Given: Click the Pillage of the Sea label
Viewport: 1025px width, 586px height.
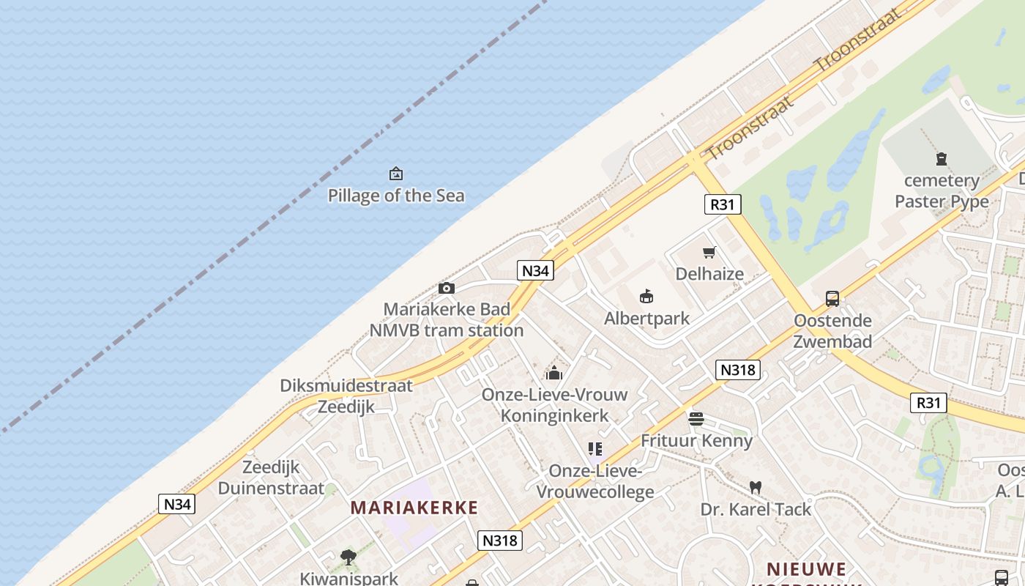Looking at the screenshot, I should (395, 196).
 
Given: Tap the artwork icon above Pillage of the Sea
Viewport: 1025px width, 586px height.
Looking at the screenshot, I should (396, 174).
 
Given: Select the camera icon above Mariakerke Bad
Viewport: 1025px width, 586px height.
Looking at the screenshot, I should (447, 289).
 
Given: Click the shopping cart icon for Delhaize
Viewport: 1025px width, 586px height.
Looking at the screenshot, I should (709, 253).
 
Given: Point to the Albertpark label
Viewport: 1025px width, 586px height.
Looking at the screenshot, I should (646, 319).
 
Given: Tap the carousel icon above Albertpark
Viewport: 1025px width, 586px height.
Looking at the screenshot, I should (646, 297).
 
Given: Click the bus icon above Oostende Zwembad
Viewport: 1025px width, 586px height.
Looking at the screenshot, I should (832, 299).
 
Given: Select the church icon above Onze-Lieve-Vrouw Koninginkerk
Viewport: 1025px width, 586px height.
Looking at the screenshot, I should (554, 373).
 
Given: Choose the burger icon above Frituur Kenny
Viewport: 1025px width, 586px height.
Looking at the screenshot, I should (696, 419).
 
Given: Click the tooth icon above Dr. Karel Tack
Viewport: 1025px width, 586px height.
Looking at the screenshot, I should (756, 487).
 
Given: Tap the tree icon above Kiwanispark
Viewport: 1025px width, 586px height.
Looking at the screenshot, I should (348, 557).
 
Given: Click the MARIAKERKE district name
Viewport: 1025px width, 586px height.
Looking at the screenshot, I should (414, 508).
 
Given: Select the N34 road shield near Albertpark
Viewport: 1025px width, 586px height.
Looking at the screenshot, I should (535, 270).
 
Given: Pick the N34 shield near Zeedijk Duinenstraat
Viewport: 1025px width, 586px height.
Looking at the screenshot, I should (177, 504).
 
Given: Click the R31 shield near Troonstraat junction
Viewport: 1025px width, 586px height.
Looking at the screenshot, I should (723, 204).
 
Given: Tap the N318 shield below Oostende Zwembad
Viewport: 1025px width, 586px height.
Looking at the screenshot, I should (737, 370).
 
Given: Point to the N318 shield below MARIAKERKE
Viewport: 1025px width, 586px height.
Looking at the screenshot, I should (500, 541).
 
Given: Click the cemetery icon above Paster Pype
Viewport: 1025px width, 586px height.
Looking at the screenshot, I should (942, 158).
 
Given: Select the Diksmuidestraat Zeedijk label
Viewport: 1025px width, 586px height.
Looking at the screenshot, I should (346, 396).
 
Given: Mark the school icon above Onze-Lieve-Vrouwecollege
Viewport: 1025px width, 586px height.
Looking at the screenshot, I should (594, 449).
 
